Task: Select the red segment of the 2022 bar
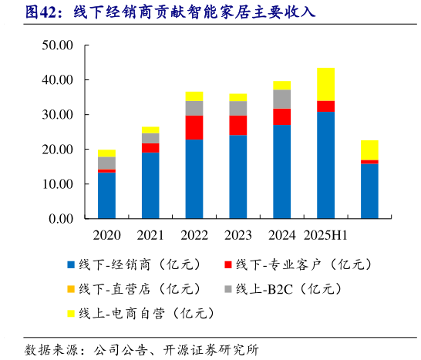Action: point(194,127)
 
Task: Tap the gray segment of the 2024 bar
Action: point(282,99)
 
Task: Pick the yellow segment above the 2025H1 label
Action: point(325,84)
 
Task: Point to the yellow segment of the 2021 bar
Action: point(150,130)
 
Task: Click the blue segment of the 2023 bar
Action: point(238,177)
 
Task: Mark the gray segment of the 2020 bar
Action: point(106,163)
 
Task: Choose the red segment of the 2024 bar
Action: point(282,116)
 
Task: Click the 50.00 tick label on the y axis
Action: point(57,45)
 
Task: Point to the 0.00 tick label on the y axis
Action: point(60,219)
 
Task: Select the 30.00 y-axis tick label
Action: point(57,115)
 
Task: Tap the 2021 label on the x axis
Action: point(150,234)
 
